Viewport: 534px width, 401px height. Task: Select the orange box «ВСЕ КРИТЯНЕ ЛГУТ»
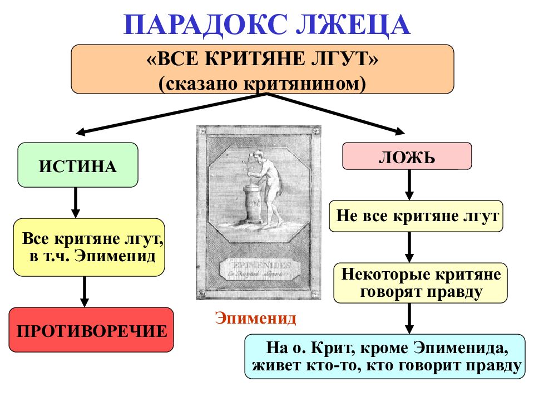click(x=262, y=69)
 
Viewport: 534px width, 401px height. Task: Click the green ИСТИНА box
click(x=78, y=165)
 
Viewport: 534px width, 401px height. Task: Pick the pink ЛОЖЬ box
click(x=407, y=155)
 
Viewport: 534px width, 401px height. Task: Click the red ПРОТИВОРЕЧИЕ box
click(x=91, y=330)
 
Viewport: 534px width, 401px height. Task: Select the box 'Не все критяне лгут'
click(x=416, y=216)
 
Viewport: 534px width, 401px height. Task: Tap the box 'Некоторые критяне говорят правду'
click(x=420, y=283)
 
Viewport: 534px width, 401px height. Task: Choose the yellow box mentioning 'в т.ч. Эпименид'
click(x=89, y=248)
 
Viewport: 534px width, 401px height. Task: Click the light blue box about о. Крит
click(x=384, y=356)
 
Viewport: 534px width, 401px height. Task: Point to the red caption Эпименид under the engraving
click(x=255, y=319)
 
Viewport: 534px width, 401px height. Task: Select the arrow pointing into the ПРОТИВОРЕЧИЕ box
click(x=84, y=291)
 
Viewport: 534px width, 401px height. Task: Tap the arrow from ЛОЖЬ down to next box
click(x=409, y=184)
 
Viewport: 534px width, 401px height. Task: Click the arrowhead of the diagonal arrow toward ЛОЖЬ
click(x=400, y=131)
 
